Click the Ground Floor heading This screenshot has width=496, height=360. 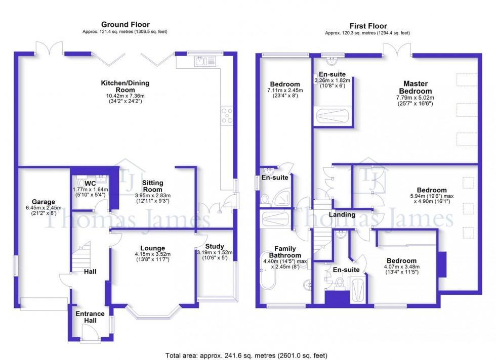(x=125, y=24)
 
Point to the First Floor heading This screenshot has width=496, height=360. (x=367, y=26)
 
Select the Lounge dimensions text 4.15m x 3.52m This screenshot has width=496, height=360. (x=153, y=254)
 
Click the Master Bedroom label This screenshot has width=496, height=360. (x=416, y=87)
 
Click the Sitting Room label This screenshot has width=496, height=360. (x=153, y=186)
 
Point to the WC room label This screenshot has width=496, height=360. (x=90, y=183)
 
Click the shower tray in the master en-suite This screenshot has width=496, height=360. (x=333, y=116)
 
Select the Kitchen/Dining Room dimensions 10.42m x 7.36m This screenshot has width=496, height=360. (x=125, y=96)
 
